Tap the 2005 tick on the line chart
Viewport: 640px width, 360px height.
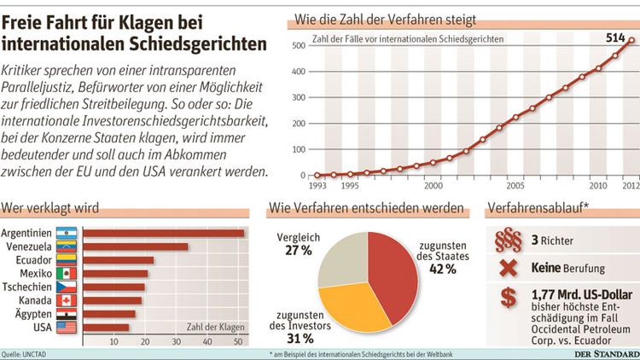pos(515,183)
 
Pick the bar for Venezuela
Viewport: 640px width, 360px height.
pos(137,247)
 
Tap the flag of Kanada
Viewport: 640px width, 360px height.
pos(67,299)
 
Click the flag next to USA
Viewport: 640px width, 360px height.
pos(67,327)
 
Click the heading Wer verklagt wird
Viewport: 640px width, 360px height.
pos(50,207)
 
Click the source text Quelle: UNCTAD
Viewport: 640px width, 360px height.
pos(23,351)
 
